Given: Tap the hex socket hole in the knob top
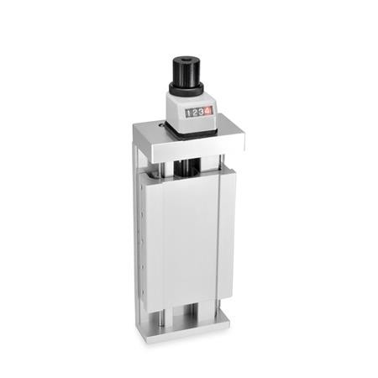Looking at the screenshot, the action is (186, 60).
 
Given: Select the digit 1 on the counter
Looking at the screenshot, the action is (188, 113).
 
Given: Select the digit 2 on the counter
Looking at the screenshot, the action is (195, 113).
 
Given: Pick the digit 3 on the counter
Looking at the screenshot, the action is (201, 112).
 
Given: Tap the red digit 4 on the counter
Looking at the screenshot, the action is (207, 111).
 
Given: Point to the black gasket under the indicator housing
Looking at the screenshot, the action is (191, 133).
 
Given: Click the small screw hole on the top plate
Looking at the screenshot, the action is (161, 125).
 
